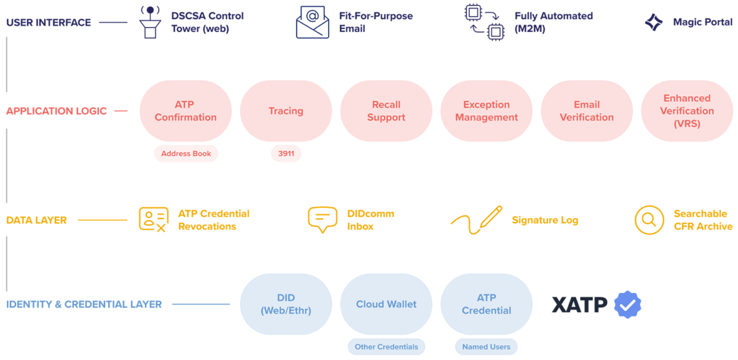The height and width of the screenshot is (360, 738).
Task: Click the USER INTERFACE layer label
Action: click(x=49, y=23)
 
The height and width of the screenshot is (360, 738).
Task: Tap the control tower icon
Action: click(x=148, y=22)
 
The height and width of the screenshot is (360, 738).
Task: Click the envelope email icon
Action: click(x=312, y=22)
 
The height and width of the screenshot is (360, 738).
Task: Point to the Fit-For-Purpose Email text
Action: click(x=375, y=22)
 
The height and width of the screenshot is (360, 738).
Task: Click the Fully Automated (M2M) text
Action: click(x=553, y=22)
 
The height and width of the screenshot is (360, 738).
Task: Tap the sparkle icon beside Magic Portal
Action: click(x=653, y=22)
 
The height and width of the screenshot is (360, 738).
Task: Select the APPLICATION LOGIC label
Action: click(x=56, y=111)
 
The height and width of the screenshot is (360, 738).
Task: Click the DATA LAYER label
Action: click(x=36, y=220)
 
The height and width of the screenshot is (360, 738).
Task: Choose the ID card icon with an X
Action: click(x=153, y=220)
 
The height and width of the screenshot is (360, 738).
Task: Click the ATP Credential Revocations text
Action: click(x=213, y=220)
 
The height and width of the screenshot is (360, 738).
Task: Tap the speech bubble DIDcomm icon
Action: click(x=322, y=220)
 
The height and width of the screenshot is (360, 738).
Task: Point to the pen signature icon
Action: click(x=476, y=220)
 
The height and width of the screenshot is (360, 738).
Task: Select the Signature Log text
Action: click(x=545, y=220)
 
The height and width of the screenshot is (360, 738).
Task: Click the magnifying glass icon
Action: click(x=649, y=220)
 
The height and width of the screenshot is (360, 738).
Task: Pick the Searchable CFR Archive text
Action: click(x=702, y=220)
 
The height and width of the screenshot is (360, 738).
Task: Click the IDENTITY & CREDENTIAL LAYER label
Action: click(x=84, y=304)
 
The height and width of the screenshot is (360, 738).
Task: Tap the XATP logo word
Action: click(x=579, y=305)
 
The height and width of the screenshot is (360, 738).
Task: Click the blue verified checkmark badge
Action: click(x=628, y=305)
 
